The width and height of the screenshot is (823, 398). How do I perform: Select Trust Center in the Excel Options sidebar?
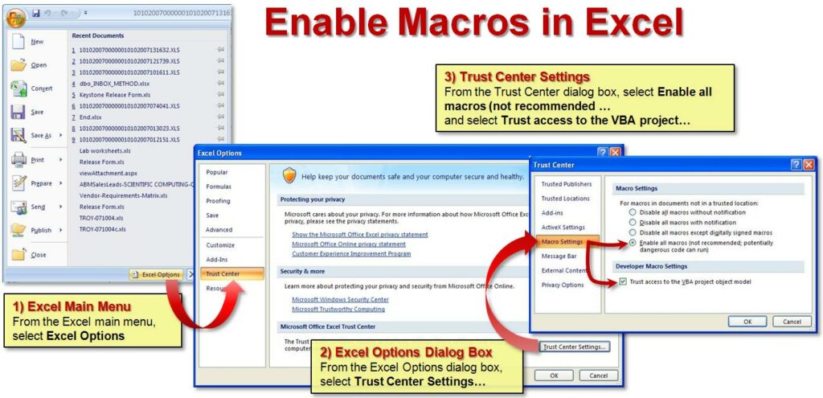click(x=222, y=274)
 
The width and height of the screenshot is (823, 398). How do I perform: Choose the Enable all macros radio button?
click(x=633, y=242)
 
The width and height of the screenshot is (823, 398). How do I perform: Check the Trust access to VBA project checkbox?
click(x=623, y=281)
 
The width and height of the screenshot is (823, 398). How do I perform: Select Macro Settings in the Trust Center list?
click(x=562, y=242)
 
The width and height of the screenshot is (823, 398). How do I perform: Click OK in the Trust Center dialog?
click(x=747, y=321)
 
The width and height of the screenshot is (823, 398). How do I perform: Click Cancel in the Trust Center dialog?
click(x=792, y=321)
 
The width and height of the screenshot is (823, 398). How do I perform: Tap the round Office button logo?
click(x=16, y=15)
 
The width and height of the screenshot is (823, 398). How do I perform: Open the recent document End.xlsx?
click(x=90, y=117)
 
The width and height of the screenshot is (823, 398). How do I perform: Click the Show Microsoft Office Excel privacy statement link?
click(x=359, y=234)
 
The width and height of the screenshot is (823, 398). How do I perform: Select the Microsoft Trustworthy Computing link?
click(x=338, y=309)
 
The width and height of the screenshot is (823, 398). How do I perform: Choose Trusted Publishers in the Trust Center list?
click(x=566, y=184)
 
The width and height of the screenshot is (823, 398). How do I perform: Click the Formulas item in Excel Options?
click(x=219, y=187)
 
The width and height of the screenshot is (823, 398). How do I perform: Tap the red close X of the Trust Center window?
click(x=808, y=165)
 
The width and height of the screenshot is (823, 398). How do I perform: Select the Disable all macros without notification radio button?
click(x=633, y=213)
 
